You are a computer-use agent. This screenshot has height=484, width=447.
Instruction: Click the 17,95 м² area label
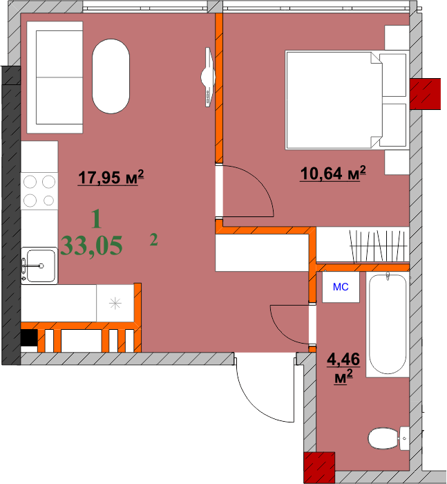point(111,178)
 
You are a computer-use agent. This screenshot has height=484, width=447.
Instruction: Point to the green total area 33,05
point(92,245)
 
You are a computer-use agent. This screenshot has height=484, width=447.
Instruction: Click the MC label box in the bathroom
point(341,287)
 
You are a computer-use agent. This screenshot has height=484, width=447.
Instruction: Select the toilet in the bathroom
point(384,437)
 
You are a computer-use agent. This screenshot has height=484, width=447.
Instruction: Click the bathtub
point(388,324)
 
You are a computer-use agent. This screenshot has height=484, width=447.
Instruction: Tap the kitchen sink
point(39,265)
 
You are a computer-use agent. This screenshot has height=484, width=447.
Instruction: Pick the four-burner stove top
point(39,190)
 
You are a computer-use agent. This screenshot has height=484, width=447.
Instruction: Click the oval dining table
point(111,76)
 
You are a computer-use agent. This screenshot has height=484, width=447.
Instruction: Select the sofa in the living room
point(55,77)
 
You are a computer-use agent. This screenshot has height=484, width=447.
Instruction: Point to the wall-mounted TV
point(207,76)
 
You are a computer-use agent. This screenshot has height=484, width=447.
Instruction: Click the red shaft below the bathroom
point(319,467)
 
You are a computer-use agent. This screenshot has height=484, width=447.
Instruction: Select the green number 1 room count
point(96,221)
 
